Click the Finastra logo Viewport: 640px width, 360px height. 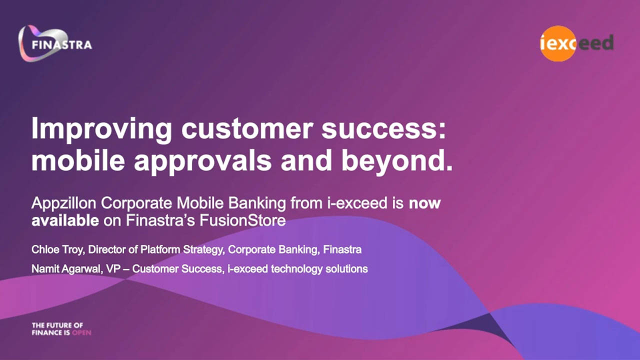pyautogui.click(x=55, y=43)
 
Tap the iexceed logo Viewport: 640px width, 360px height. pyautogui.click(x=576, y=43)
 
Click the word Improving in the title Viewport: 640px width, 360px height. pyautogui.click(x=101, y=129)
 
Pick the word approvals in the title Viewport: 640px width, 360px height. pyautogui.click(x=203, y=161)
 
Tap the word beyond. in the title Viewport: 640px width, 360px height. pyautogui.click(x=397, y=161)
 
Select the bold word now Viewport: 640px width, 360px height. pyautogui.click(x=424, y=203)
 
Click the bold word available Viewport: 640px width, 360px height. pyautogui.click(x=65, y=220)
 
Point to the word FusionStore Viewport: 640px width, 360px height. pyautogui.click(x=242, y=220)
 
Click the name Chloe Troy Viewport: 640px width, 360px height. pyautogui.click(x=57, y=249)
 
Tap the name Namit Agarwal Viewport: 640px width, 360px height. pyautogui.click(x=66, y=269)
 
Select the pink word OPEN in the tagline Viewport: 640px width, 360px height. pyautogui.click(x=81, y=333)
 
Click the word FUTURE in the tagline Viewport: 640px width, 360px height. pyautogui.click(x=58, y=325)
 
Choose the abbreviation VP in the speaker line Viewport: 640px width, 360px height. pyautogui.click(x=113, y=269)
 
